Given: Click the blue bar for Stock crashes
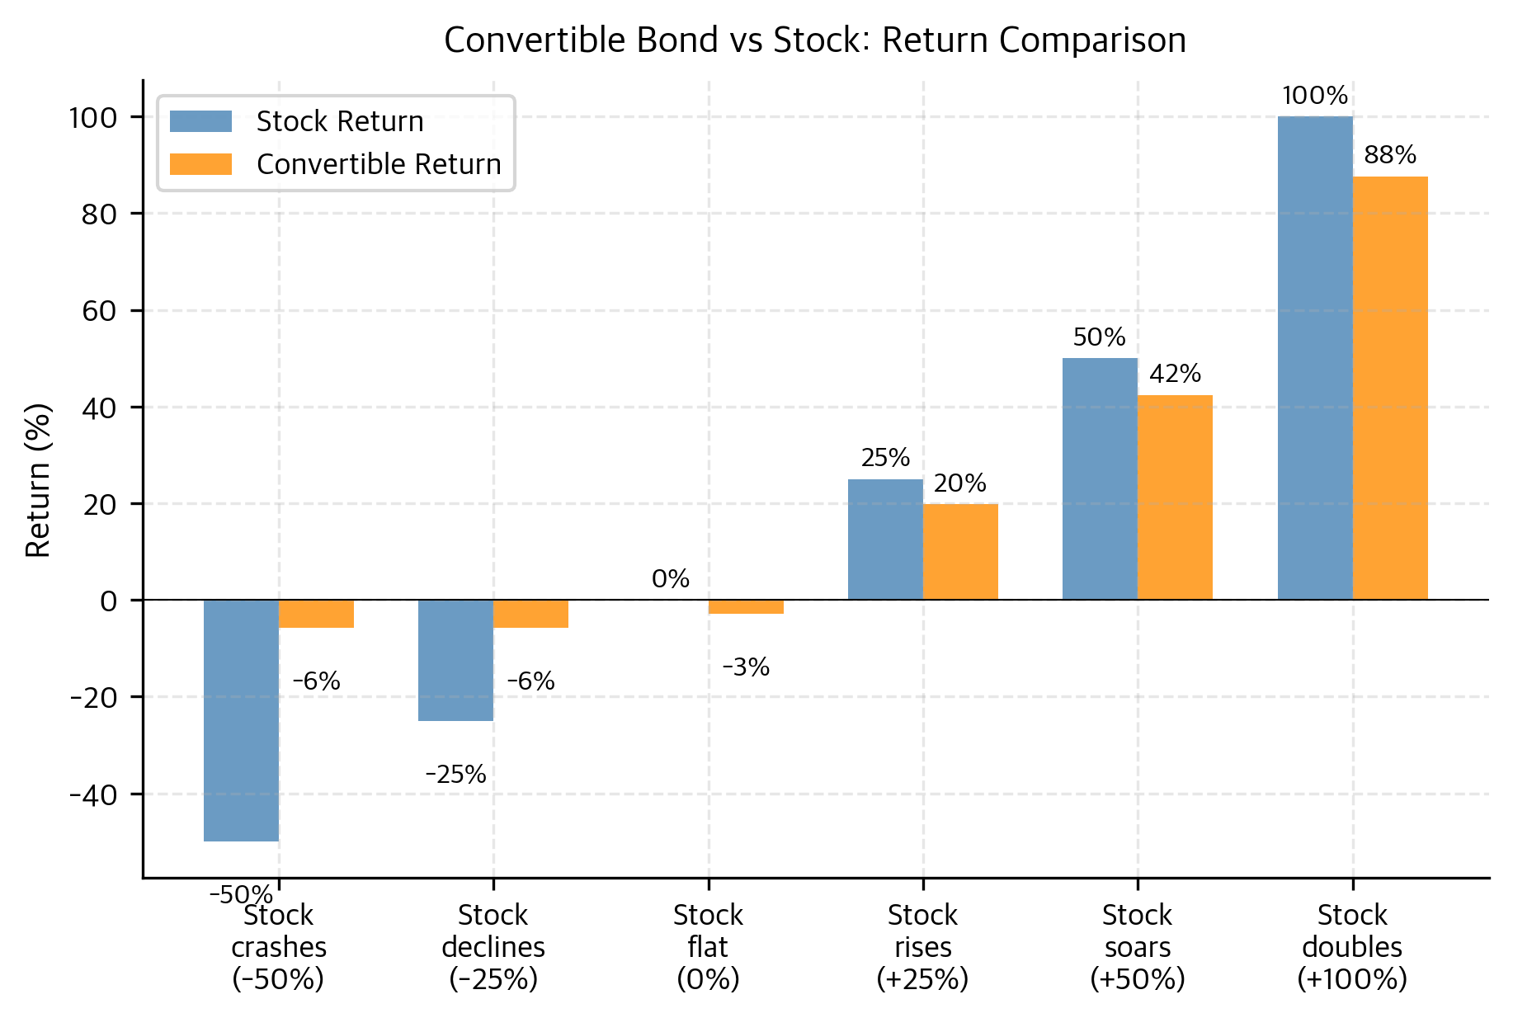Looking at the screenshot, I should pos(241,720).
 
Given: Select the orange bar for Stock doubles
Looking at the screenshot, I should pos(1389,388).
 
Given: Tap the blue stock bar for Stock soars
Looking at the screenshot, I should pos(1100,478).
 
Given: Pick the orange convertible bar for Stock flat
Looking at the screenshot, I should pos(746,607).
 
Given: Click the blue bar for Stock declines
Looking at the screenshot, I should pos(455,660).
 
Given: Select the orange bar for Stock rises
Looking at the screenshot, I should pos(960,551).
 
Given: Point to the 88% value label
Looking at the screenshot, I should pos(1390,155).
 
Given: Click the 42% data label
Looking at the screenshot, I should pos(1175,375).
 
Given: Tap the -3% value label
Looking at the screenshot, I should pos(746,667).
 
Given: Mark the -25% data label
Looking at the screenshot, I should pos(455,775).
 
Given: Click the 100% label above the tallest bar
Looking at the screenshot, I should pos(1315,97).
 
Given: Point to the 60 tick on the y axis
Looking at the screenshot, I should pos(100,311).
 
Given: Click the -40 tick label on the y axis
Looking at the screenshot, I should pos(95,794).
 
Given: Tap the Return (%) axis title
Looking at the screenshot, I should pos(39,480).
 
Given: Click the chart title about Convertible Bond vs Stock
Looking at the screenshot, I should pos(814,40).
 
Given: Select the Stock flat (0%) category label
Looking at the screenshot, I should pos(708,947).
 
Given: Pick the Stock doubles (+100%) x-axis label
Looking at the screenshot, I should pos(1352,947).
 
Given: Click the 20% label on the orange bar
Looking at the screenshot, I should pos(960,483).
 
